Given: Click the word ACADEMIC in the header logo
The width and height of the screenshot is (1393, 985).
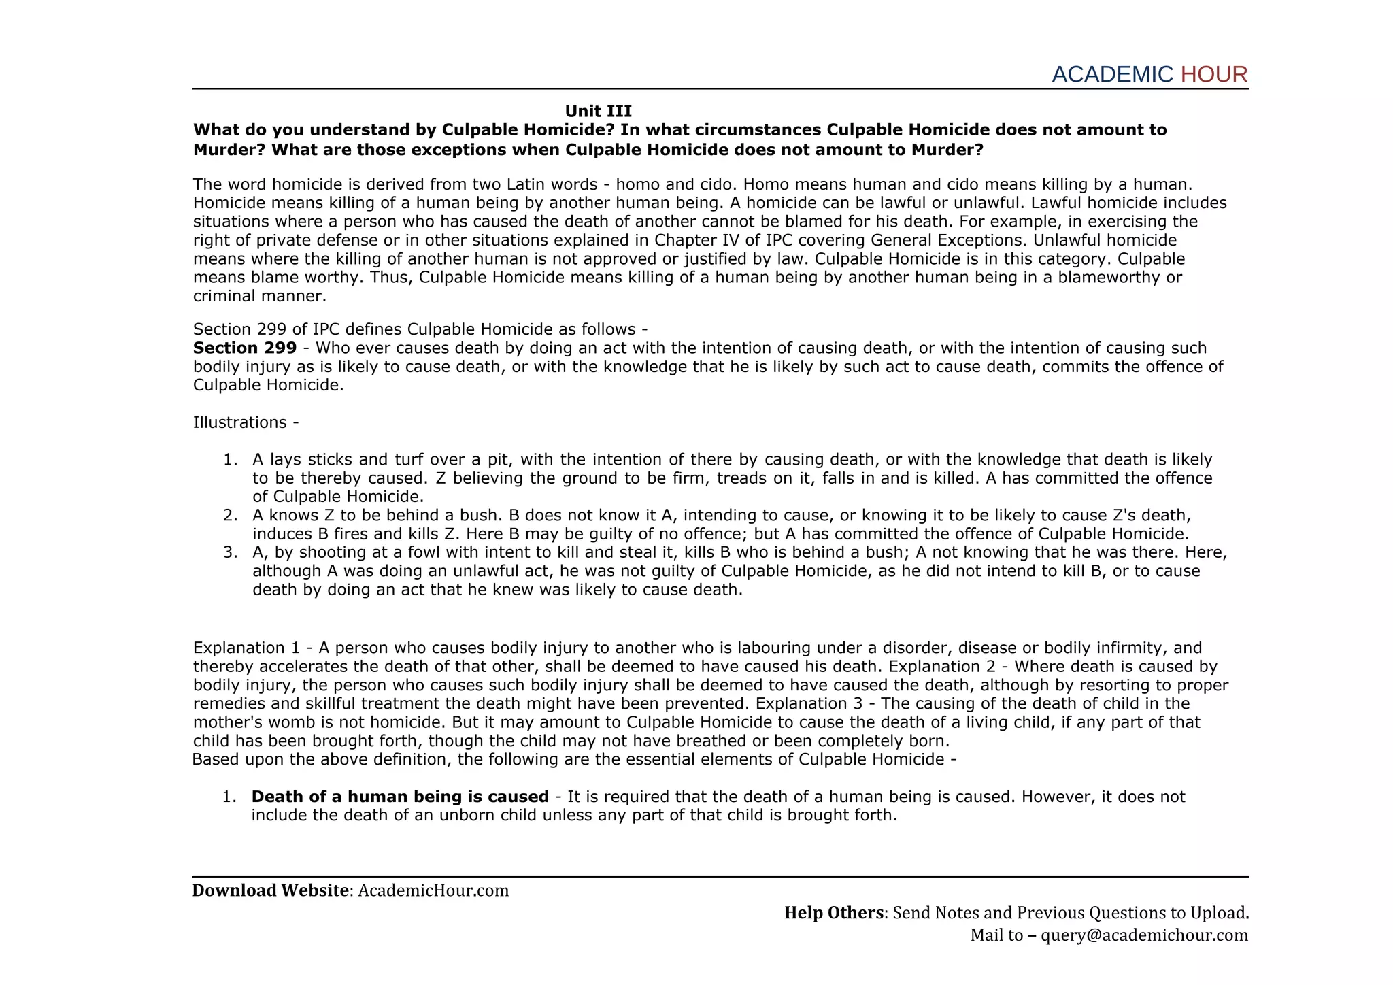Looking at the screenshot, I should pos(1112,74).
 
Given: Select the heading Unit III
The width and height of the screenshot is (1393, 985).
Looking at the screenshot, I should pos(598,111).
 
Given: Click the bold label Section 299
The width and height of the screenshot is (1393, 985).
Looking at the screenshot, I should pos(245,348).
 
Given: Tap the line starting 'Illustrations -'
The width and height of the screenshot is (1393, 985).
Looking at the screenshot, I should pos(246,422).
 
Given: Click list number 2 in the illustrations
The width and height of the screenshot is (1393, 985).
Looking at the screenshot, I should pos(230,516).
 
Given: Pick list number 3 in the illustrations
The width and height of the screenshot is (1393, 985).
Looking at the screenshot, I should pos(230,552).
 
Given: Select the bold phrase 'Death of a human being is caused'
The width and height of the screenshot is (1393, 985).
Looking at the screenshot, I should pos(400,797).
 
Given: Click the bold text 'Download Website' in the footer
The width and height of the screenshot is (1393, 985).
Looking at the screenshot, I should pos(270,890).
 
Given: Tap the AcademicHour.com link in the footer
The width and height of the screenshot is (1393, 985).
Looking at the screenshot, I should pos(433,890).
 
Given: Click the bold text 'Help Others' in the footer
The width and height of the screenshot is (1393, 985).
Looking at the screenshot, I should pos(833,913).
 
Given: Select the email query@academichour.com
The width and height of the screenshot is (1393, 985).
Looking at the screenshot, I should pos(1144,935).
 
